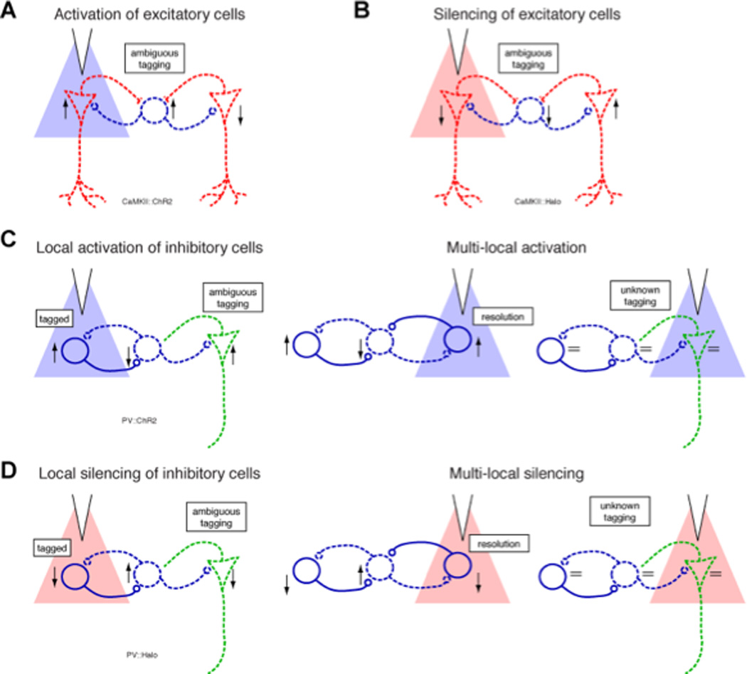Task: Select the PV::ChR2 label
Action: point(140,421)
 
